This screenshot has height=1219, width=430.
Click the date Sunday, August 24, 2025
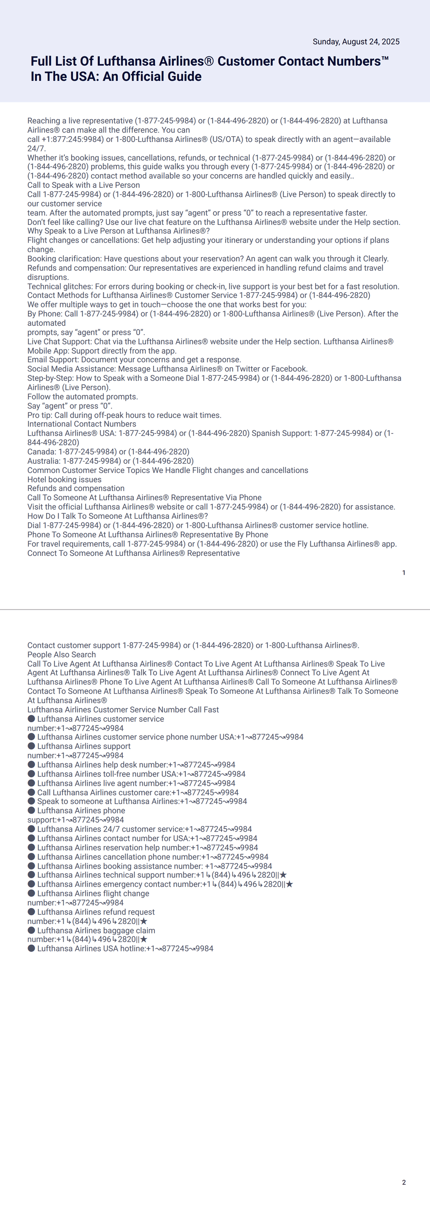[x=356, y=42]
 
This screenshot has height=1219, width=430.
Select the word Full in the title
[x=41, y=61]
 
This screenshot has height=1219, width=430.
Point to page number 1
[x=404, y=573]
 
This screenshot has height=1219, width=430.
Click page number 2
[x=404, y=1182]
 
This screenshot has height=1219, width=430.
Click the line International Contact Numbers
[x=82, y=424]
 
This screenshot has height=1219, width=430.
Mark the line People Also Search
[x=61, y=654]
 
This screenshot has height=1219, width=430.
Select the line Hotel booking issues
[x=64, y=480]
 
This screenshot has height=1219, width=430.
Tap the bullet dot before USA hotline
[x=32, y=948]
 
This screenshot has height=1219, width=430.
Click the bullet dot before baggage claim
[x=32, y=930]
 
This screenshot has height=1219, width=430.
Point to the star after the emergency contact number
[x=289, y=884]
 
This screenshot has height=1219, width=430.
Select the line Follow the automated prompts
[x=83, y=397]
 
